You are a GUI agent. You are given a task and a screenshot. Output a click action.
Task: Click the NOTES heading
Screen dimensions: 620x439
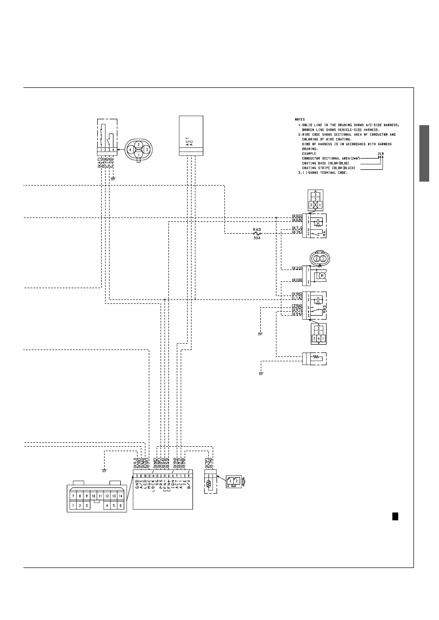[300, 119]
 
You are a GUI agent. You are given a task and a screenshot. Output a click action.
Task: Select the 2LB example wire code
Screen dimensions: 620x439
[381, 153]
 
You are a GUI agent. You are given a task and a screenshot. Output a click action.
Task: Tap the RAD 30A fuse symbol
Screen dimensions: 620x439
[256, 234]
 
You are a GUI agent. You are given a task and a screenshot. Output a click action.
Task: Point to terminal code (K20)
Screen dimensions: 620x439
[297, 269]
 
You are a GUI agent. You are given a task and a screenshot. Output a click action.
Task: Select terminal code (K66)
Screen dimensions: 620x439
[297, 216]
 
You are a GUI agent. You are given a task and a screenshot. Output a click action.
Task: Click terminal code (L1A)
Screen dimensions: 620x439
[297, 298]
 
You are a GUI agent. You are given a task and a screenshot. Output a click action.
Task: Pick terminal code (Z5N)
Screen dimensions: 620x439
[297, 306]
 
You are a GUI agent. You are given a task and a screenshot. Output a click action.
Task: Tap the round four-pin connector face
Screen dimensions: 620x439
[138, 149]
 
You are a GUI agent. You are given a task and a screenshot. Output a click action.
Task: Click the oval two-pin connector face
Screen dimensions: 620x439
[320, 258]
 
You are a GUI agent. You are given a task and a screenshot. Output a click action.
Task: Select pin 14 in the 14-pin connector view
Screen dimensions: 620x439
[120, 496]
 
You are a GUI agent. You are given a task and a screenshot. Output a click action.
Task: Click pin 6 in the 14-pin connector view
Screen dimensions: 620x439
[120, 505]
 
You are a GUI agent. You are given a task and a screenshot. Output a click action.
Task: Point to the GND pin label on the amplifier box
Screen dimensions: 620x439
[137, 484]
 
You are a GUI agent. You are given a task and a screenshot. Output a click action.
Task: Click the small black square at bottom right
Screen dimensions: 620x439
[394, 516]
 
